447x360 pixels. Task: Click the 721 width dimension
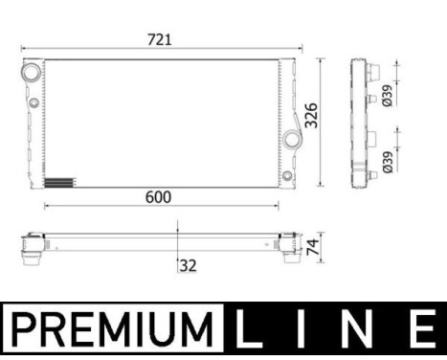click(161, 39)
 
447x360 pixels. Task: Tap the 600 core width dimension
click(158, 197)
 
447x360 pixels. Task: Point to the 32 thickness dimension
click(188, 265)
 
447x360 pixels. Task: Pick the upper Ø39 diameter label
click(386, 95)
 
